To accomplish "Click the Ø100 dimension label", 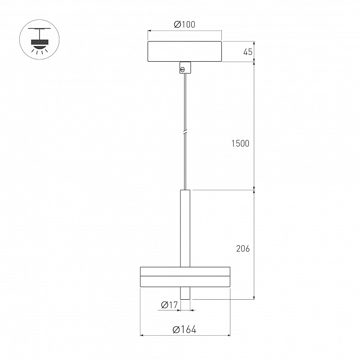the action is coord(184,24).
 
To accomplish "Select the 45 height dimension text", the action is coord(248,52).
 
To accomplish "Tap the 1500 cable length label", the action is coord(240,144).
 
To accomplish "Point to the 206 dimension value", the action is coord(243,248).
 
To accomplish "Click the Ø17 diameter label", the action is coord(170,305).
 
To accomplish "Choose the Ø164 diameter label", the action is coord(184,330).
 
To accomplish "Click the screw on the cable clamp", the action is coord(183,70).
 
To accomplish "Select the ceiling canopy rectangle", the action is coord(184,51).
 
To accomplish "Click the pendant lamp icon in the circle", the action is coord(40,40).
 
